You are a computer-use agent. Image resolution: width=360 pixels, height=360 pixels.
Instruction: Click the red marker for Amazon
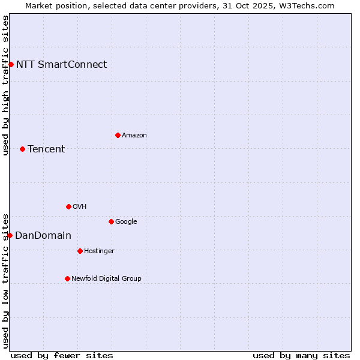click(118, 135)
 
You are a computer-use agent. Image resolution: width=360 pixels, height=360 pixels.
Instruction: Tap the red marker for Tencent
click(22, 149)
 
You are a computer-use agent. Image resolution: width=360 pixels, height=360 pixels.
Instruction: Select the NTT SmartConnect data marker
click(11, 64)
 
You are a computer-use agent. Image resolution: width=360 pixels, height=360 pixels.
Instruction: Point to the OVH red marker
click(68, 206)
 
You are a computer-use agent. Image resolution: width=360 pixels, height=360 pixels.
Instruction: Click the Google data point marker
click(111, 221)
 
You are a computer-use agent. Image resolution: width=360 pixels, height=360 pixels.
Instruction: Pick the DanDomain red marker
click(10, 235)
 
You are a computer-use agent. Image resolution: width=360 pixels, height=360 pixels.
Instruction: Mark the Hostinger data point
click(80, 251)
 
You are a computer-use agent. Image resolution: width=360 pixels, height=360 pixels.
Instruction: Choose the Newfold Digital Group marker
click(67, 278)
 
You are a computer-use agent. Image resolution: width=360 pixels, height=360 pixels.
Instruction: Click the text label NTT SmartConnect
click(61, 64)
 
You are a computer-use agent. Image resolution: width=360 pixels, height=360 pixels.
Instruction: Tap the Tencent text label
click(46, 149)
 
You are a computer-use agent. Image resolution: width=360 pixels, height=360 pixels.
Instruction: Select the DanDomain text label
click(43, 235)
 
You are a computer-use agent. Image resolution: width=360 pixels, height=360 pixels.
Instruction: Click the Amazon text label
click(134, 135)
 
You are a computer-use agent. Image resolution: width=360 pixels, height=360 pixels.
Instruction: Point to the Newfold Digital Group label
click(106, 278)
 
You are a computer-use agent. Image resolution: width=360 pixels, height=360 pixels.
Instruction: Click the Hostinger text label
click(99, 251)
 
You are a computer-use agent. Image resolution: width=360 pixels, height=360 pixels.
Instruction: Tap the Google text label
click(126, 221)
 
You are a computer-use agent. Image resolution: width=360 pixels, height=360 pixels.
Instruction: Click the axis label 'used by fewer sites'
click(62, 355)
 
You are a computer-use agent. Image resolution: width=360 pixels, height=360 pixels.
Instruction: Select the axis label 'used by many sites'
click(301, 355)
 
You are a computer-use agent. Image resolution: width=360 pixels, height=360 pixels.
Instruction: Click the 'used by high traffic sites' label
click(5, 85)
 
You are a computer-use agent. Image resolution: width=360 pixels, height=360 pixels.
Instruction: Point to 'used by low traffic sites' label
click(5, 280)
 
